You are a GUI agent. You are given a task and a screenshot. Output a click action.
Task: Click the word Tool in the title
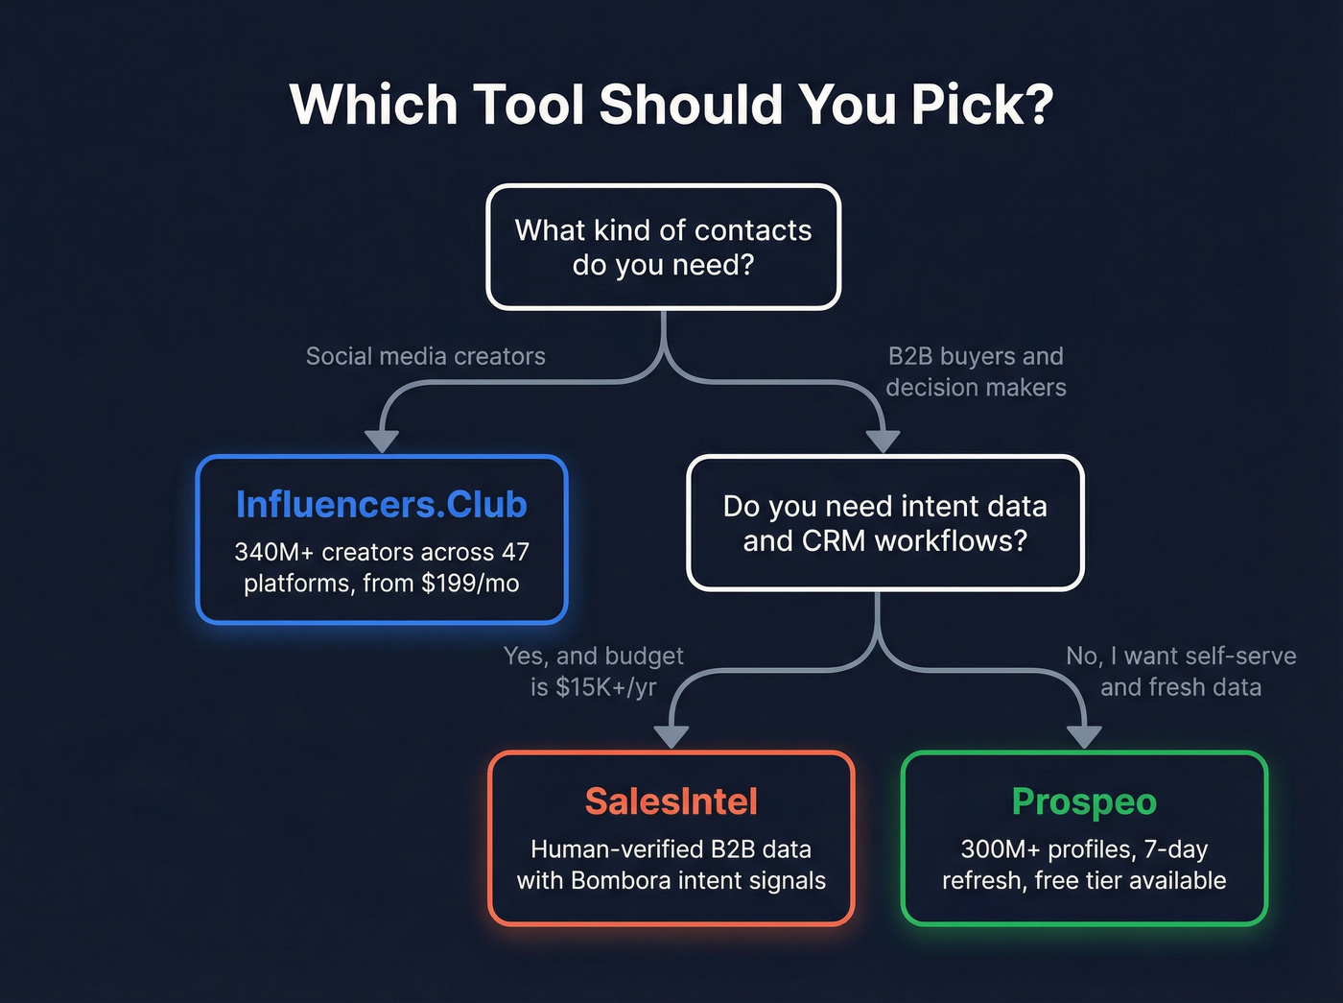[x=528, y=105]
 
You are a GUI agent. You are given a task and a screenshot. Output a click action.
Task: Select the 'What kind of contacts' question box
[x=663, y=247]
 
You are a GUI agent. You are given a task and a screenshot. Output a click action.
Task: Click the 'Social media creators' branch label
[x=425, y=356]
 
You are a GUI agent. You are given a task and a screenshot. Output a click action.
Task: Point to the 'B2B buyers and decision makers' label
[x=976, y=371]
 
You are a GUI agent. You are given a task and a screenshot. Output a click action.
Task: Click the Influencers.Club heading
[x=381, y=505]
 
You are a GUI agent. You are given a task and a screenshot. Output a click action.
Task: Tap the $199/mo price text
[x=470, y=584]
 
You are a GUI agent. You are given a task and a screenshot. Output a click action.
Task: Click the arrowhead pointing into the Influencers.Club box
[x=382, y=441]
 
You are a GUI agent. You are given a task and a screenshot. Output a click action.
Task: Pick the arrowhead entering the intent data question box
[x=883, y=442]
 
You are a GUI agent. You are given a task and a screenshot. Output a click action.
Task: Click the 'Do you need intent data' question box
[x=884, y=523]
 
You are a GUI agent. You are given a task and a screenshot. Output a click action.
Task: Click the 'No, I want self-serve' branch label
[x=1181, y=657]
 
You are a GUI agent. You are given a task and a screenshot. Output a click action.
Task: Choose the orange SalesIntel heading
[x=671, y=801]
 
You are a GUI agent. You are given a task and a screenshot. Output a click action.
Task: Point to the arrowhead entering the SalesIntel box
[x=671, y=736]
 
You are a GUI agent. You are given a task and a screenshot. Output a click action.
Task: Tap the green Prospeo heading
[x=1084, y=801]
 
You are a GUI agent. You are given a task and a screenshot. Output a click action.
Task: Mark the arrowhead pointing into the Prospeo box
[x=1084, y=736]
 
